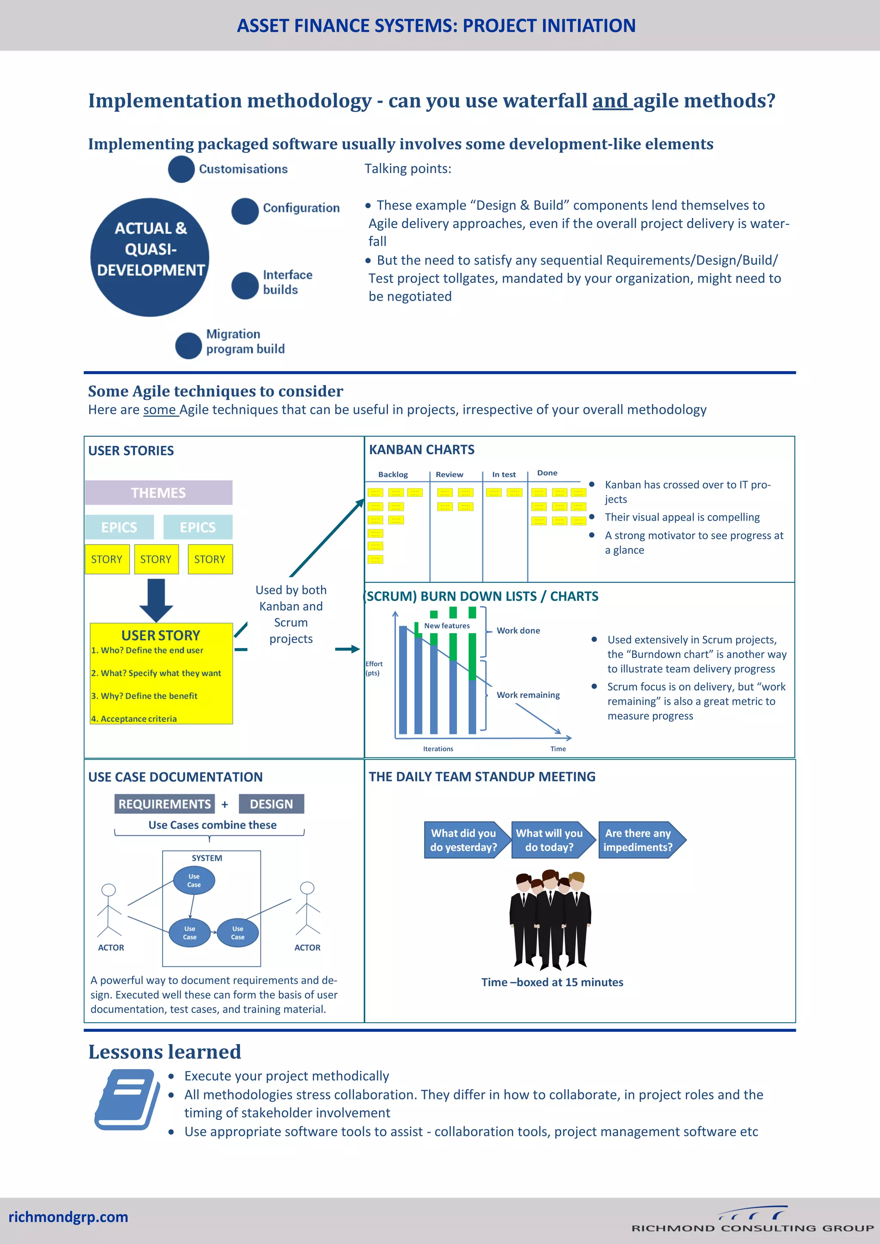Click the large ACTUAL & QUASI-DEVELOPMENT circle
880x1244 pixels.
coord(150,257)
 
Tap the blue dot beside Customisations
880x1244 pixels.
coord(181,169)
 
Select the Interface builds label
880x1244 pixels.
coord(287,282)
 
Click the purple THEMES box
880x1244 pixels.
coord(158,493)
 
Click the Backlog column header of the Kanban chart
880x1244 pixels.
coord(393,475)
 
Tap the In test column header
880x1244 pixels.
coord(504,475)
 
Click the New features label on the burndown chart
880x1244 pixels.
coord(446,626)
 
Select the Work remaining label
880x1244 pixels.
coord(528,695)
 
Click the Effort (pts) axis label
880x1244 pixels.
coord(373,668)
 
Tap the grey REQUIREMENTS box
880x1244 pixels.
coord(164,804)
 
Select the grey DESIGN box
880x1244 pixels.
coord(271,804)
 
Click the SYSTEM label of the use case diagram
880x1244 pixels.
coord(206,858)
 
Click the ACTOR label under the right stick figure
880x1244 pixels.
coord(307,948)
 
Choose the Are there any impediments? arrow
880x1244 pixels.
coord(640,840)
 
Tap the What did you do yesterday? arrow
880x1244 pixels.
coord(464,840)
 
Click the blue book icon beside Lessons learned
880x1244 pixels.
coord(127,1099)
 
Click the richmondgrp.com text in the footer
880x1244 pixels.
coord(68,1217)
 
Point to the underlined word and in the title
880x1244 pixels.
coord(611,101)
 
